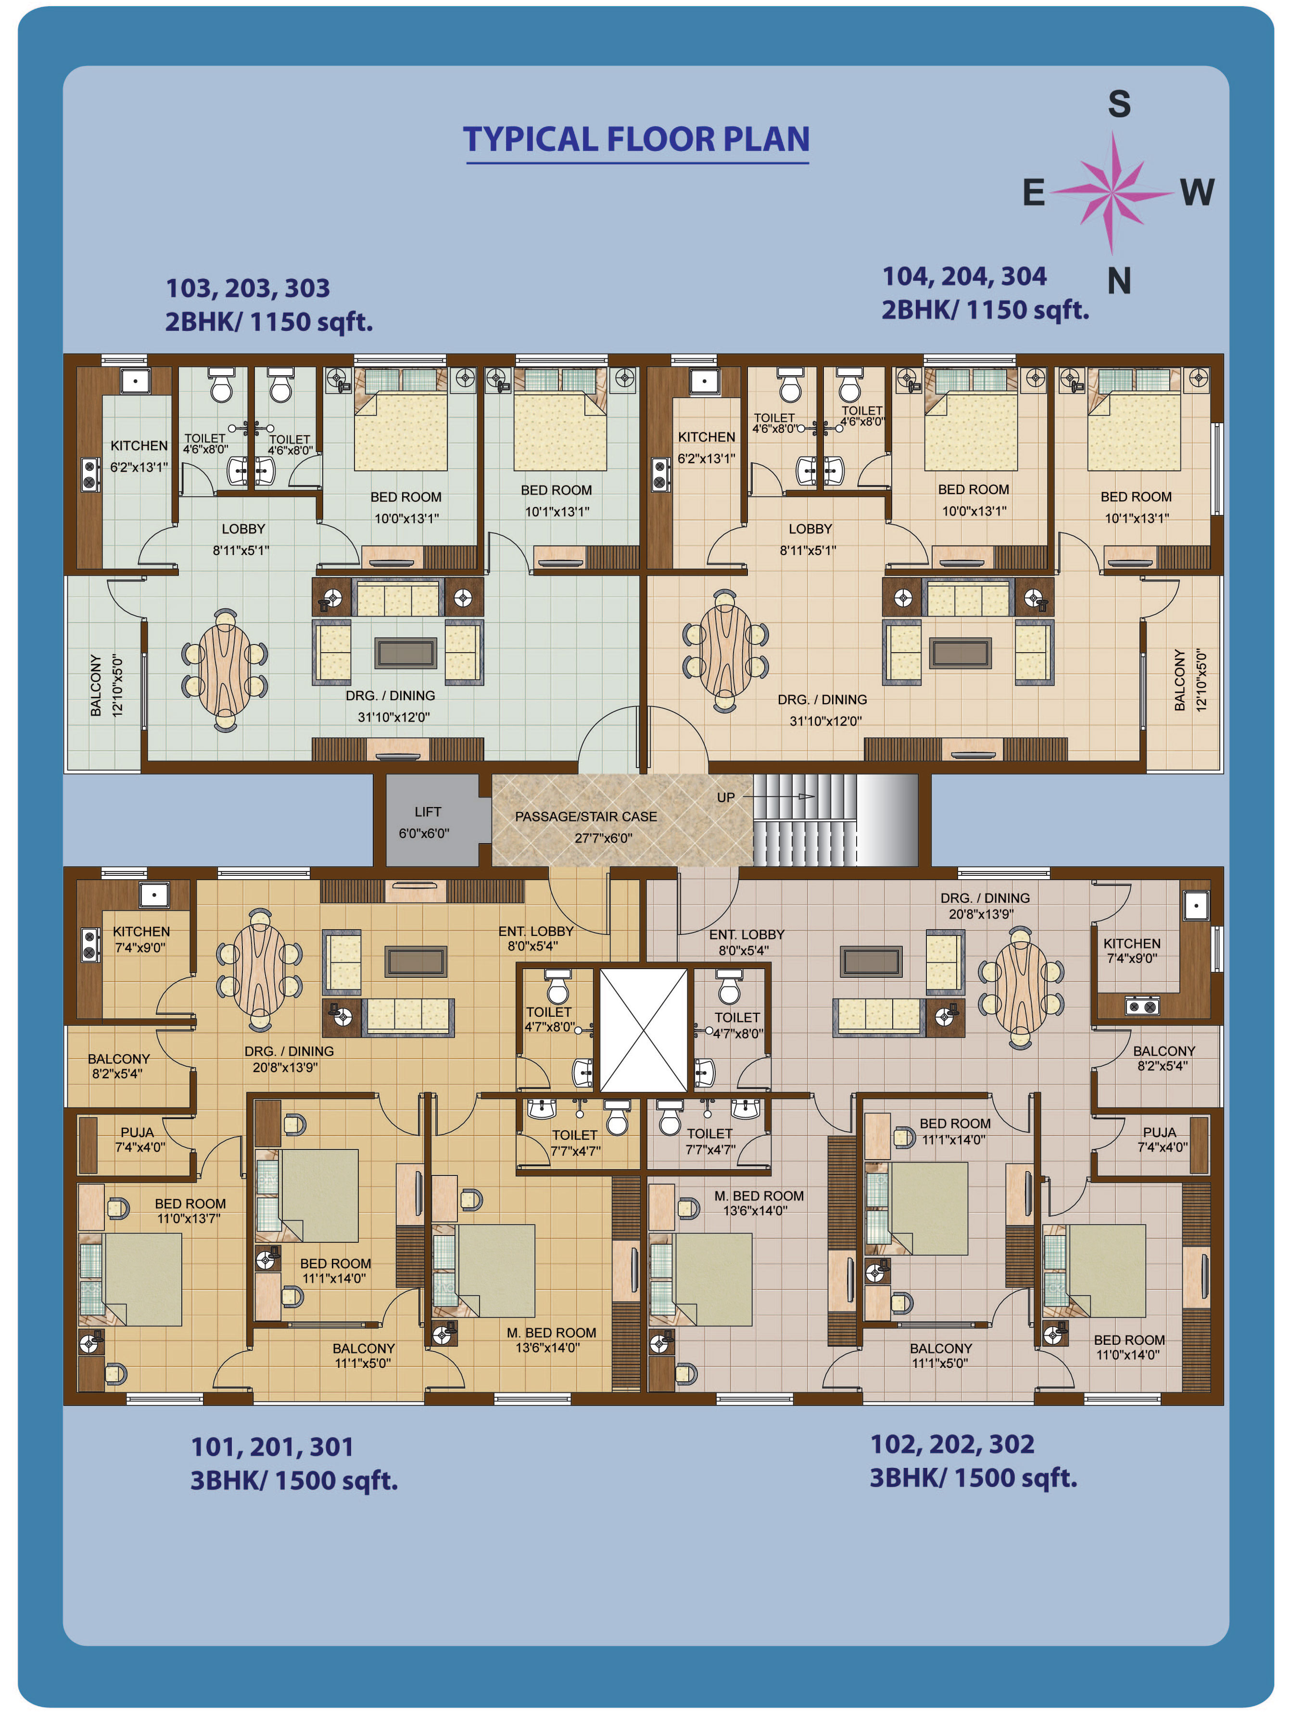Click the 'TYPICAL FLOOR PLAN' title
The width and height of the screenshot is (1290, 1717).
636,140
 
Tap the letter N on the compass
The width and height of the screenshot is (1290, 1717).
1118,280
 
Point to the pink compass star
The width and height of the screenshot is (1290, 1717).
1112,192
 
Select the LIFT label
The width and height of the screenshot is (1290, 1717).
428,811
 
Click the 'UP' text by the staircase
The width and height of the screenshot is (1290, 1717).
726,797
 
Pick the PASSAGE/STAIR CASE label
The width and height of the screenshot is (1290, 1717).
586,817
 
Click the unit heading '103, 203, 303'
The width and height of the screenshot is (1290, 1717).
248,289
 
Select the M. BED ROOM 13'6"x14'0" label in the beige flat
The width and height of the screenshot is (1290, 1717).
551,1340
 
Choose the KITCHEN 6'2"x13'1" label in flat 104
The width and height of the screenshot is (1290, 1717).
706,448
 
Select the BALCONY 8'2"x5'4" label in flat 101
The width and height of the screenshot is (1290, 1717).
118,1066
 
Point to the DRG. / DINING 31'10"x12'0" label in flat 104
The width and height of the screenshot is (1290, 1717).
823,709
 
